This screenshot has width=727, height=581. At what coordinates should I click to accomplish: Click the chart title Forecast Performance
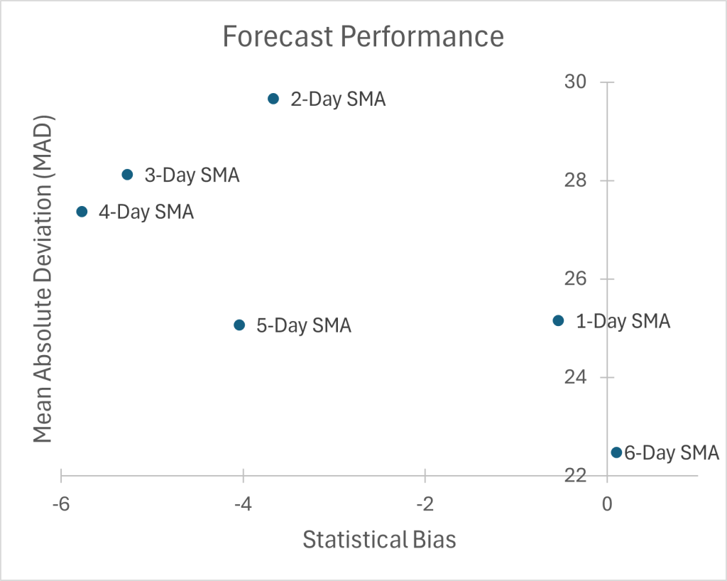click(363, 36)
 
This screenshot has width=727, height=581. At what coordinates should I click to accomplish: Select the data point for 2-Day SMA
click(273, 99)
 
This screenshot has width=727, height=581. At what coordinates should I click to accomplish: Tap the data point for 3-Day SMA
click(127, 175)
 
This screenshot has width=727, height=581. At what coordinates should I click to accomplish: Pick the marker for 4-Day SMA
click(82, 212)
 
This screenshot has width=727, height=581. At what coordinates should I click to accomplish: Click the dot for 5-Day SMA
click(239, 325)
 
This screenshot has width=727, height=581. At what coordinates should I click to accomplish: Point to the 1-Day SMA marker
click(558, 321)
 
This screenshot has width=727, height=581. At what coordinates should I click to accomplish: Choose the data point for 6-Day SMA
click(616, 452)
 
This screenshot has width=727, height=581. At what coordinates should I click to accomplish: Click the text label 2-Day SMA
click(338, 99)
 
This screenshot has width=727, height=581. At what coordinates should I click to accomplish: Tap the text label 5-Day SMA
click(304, 326)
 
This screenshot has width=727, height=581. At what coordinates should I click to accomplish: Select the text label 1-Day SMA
click(623, 322)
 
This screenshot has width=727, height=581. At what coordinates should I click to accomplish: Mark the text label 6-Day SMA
click(672, 453)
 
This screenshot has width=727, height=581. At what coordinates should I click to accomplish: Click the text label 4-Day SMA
click(146, 212)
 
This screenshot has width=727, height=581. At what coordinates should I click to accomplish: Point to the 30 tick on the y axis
click(576, 82)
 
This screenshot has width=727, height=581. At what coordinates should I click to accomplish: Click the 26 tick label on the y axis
click(576, 279)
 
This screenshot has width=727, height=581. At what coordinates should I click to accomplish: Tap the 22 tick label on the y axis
click(576, 475)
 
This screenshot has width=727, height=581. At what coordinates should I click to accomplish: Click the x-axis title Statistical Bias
click(379, 540)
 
